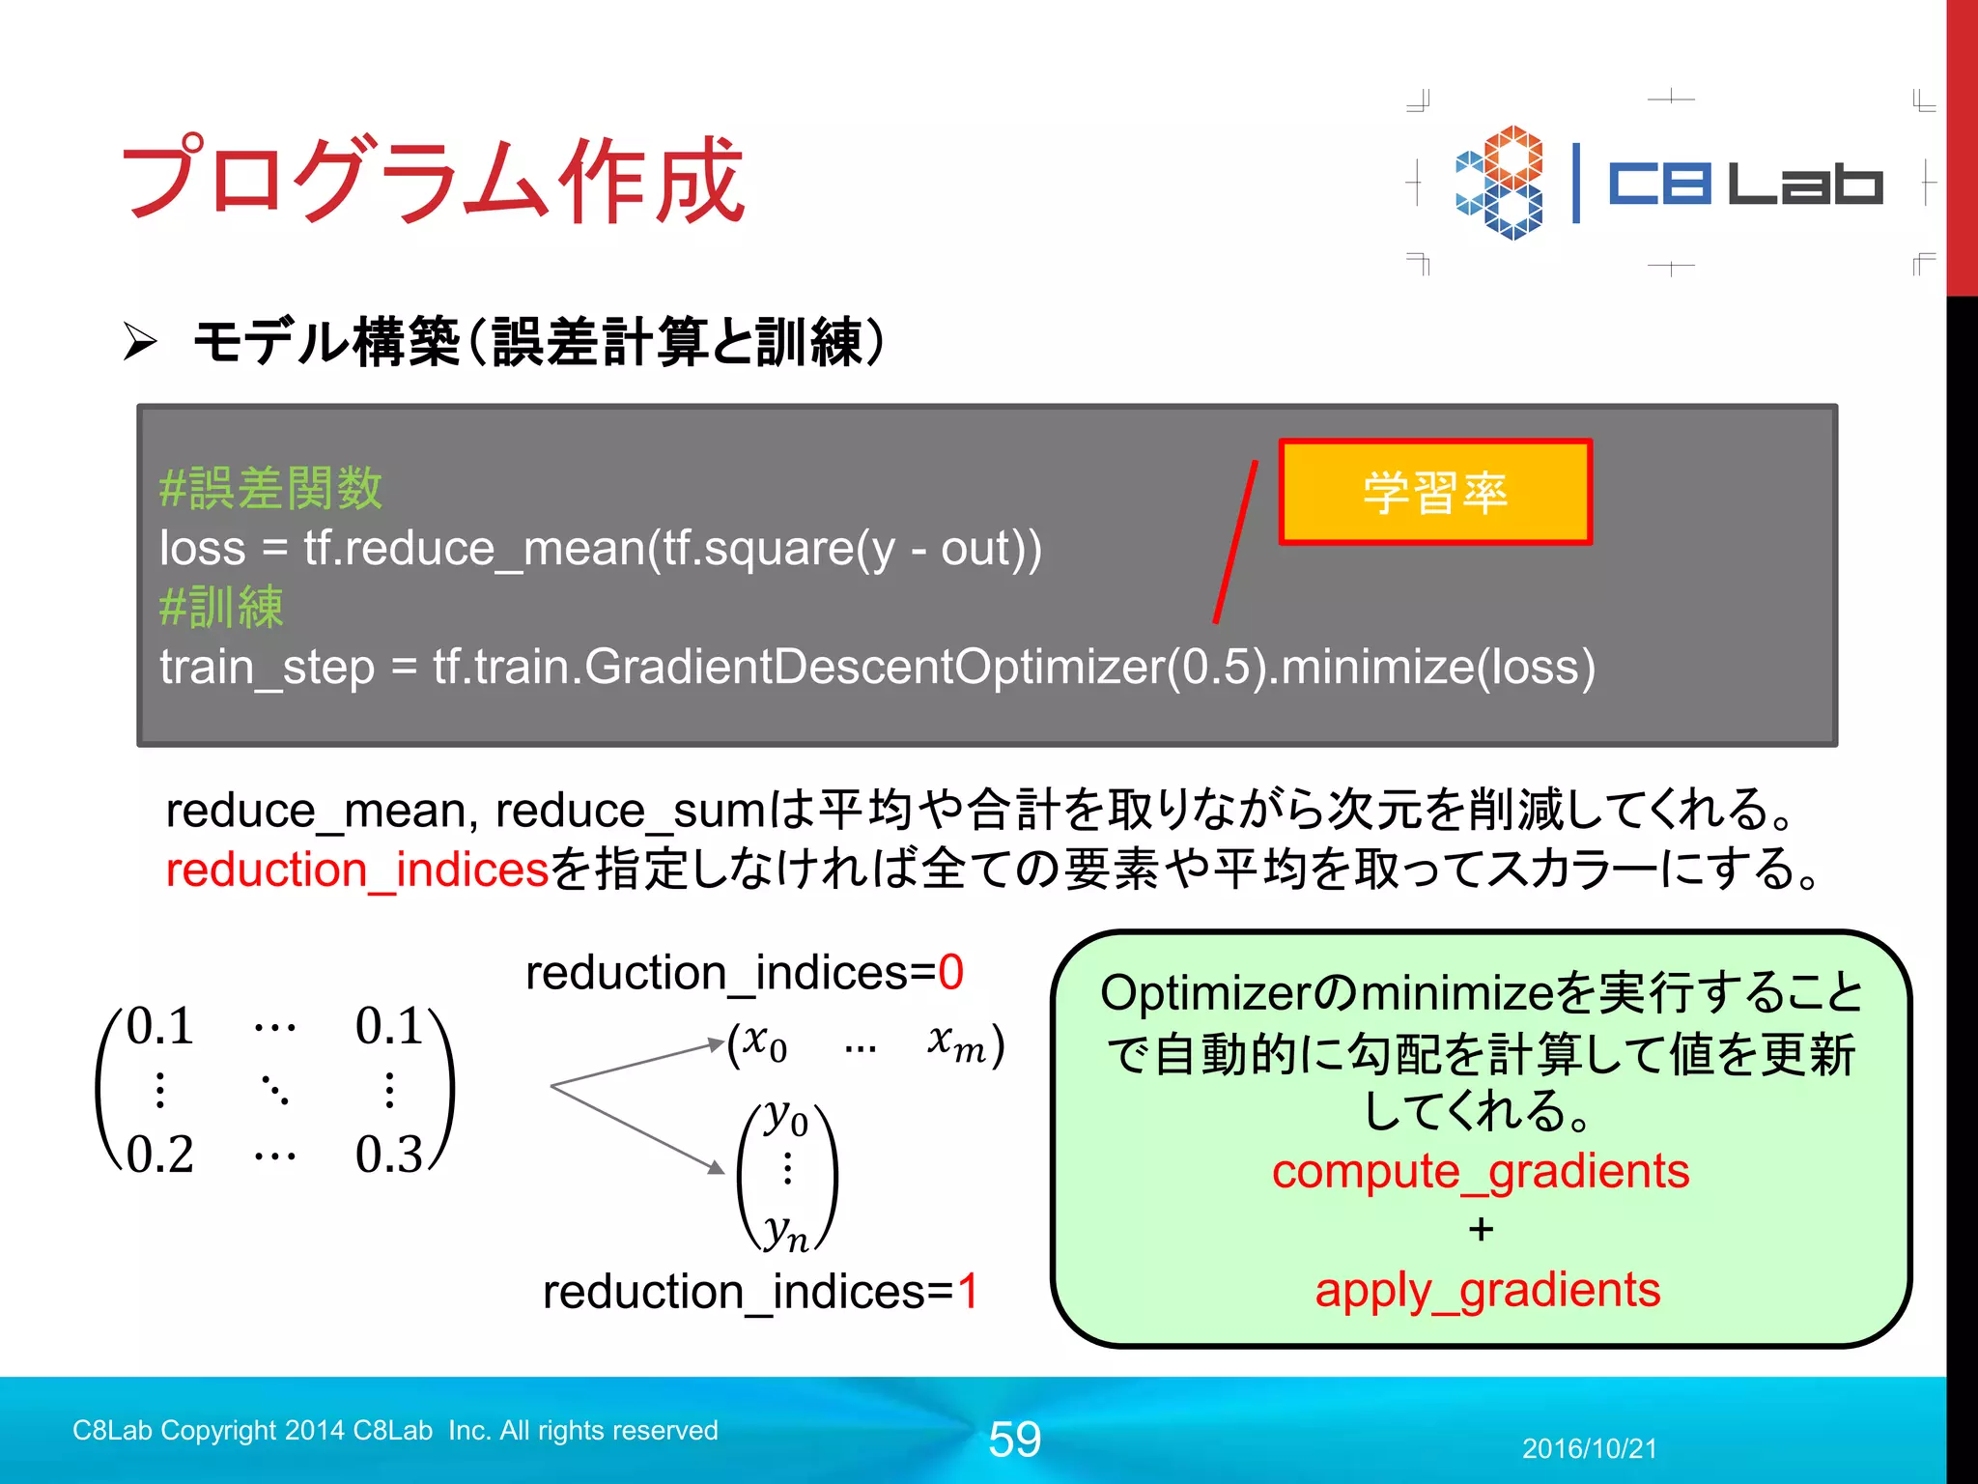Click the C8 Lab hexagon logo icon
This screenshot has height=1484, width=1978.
pos(1500,183)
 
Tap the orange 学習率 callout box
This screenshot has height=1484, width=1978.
pos(1435,493)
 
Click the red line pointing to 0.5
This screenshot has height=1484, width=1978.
pos(1235,543)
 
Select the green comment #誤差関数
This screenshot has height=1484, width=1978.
pos(270,489)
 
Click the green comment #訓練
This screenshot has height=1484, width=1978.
pos(221,608)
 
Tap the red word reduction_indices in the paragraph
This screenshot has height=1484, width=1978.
pos(356,869)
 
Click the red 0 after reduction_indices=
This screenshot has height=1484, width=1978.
pos(950,972)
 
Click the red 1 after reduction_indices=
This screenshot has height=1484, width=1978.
pos(968,1292)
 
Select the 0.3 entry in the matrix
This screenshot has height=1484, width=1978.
pos(389,1155)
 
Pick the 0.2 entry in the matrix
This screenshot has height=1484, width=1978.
pos(160,1155)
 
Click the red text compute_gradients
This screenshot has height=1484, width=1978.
pos(1480,1172)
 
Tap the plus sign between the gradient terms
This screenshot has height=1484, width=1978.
pos(1481,1230)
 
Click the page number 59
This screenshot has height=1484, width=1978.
pos(1014,1440)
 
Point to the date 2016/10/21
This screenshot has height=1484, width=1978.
pos(1589,1448)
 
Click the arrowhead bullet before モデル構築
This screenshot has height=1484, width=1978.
pos(140,342)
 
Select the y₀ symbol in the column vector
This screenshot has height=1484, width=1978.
pos(785,1121)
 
